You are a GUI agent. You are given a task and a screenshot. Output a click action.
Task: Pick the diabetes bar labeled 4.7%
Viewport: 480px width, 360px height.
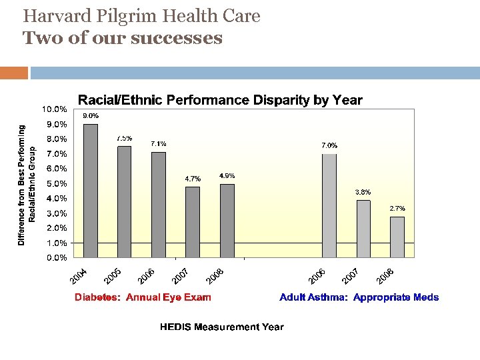[x=193, y=222]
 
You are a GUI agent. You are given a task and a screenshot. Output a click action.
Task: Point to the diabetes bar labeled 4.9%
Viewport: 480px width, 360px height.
[x=227, y=221]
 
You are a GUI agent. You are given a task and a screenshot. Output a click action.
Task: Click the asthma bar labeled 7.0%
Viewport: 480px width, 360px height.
[x=329, y=205]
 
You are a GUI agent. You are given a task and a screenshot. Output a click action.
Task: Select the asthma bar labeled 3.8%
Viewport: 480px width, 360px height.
[x=363, y=229]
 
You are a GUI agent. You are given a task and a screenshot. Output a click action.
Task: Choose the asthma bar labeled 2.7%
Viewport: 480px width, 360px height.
[x=397, y=237]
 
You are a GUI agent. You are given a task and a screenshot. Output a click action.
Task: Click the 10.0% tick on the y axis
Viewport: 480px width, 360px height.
[x=54, y=109]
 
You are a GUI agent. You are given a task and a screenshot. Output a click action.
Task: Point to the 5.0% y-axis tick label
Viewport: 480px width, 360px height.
[x=56, y=183]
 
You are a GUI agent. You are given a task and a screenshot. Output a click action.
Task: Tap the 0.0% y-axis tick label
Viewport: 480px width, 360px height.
[x=56, y=257]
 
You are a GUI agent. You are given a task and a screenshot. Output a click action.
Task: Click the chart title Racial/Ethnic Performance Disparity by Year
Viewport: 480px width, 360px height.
[x=220, y=101]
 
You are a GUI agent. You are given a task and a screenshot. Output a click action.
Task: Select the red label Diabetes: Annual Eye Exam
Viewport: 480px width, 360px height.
[x=143, y=297]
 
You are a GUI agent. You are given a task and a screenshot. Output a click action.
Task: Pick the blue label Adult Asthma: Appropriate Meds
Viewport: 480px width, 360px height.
[x=359, y=297]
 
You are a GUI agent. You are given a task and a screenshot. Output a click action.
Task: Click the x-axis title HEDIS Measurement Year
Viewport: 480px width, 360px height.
[x=221, y=327]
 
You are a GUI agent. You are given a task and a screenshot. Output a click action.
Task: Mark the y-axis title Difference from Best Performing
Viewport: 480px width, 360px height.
[x=22, y=185]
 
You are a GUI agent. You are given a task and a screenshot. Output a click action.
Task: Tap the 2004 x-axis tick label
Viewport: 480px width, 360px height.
[x=79, y=275]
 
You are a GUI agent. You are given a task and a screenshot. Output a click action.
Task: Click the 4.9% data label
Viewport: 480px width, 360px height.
[x=227, y=176]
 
